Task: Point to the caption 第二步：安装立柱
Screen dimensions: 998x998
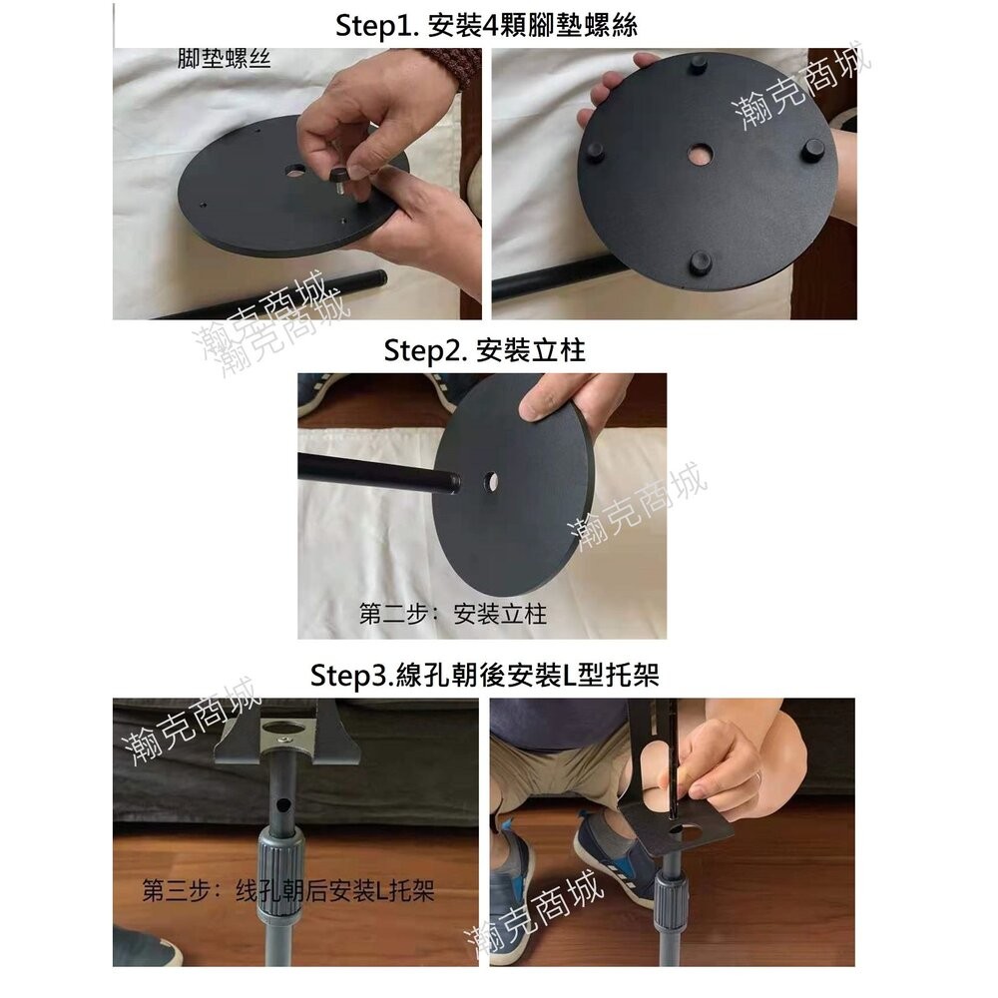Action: coord(453,614)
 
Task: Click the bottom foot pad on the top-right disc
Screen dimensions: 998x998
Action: coord(698,262)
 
